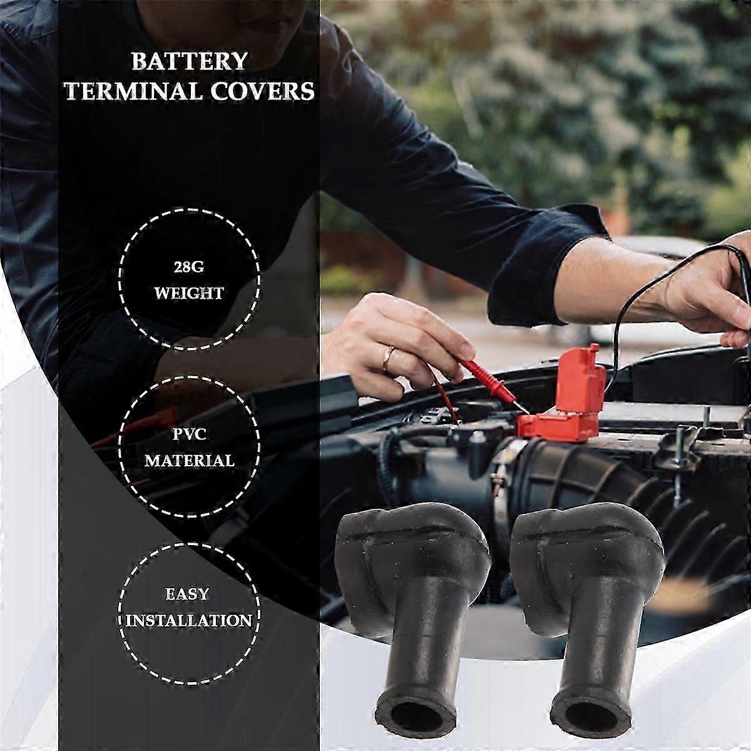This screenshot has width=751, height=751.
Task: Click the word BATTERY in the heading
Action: tap(189, 61)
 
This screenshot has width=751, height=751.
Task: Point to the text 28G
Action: tap(189, 268)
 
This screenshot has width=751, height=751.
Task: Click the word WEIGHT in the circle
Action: tap(189, 293)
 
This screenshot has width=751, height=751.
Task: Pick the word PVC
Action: tap(189, 434)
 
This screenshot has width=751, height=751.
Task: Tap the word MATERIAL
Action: tap(189, 461)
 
